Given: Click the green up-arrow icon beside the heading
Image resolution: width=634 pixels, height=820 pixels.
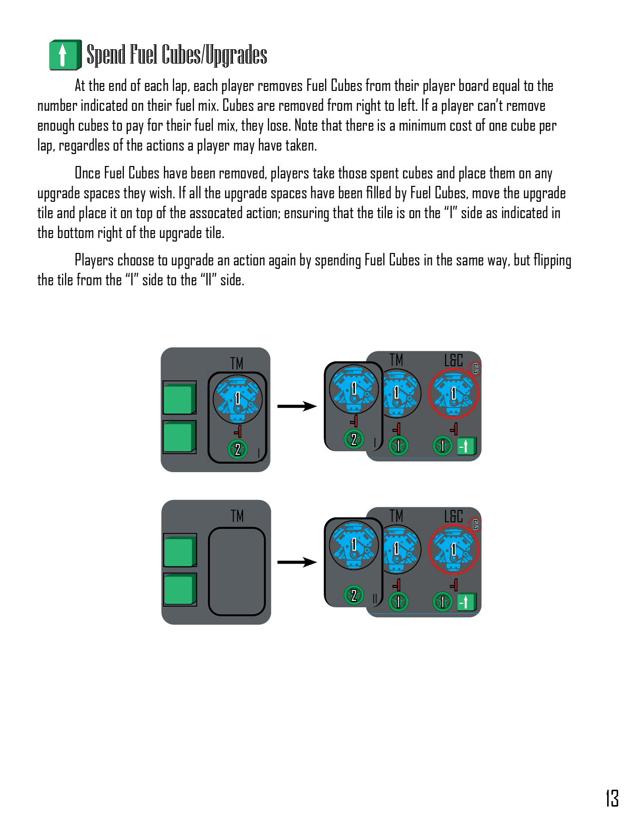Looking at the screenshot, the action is tap(65, 55).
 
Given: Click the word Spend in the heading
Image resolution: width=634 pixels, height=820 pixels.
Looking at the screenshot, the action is tap(106, 55).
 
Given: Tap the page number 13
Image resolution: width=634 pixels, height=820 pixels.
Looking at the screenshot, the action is tap(612, 798).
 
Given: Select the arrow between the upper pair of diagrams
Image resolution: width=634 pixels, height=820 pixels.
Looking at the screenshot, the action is tap(297, 407).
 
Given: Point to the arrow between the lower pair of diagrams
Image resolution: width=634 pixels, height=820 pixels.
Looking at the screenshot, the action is tap(297, 562).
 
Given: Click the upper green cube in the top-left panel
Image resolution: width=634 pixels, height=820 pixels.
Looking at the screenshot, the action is tap(180, 398).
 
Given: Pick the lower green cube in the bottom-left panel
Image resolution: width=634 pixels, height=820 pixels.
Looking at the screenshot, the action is tap(180, 590).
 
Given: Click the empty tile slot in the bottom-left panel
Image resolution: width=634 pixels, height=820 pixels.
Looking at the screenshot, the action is tap(237, 572).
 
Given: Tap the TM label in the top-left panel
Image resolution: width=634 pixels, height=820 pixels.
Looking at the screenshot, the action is tap(237, 363).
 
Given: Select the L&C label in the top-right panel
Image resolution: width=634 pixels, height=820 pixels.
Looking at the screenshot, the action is tap(453, 360).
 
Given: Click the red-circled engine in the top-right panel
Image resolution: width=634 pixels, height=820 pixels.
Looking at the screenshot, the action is tap(453, 393).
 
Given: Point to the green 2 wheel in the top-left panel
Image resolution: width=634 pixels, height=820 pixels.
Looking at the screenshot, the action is tap(238, 449).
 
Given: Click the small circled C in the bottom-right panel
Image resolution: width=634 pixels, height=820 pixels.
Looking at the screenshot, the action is tap(475, 524).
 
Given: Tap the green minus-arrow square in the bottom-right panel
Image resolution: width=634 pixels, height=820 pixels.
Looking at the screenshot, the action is tap(467, 602).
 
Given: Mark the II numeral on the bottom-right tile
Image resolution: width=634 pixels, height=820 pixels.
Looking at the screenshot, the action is tap(374, 598).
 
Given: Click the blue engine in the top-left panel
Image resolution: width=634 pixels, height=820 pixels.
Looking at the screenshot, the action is tap(238, 399).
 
